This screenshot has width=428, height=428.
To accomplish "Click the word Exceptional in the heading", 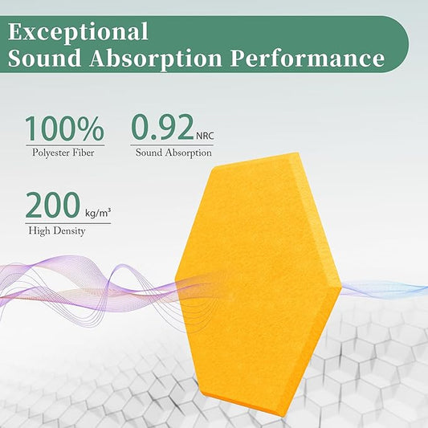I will point(77,32).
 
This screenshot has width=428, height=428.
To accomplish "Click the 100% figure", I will point(64,129).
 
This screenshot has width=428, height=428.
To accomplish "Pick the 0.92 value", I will point(161,128).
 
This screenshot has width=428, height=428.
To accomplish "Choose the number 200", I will point(52,206).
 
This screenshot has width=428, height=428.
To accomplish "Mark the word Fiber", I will point(93,152).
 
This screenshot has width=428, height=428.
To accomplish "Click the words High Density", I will point(56,231).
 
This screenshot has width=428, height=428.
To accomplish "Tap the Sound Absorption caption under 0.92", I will point(173,152).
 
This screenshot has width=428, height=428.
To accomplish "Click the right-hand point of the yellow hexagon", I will point(341,286).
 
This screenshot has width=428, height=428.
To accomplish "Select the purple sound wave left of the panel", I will point(88,281).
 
